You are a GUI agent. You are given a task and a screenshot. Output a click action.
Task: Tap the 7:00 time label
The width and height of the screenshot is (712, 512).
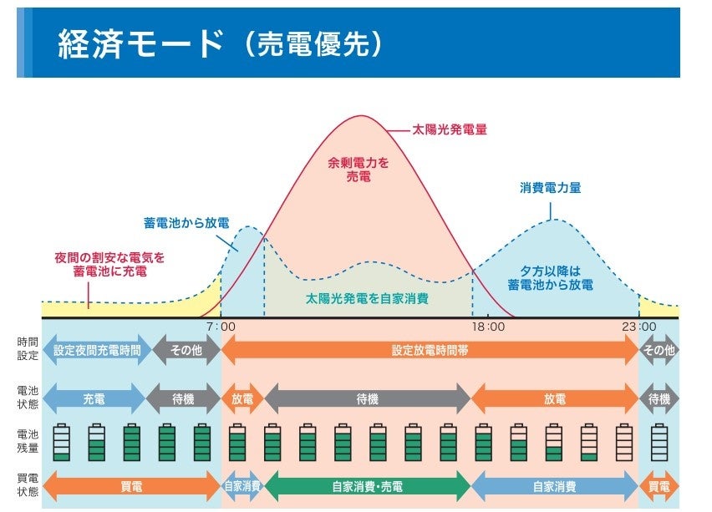221,327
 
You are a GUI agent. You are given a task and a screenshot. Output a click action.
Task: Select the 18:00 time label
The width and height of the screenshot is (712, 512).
488,327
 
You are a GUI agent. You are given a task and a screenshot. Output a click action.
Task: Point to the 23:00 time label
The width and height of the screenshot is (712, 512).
640,327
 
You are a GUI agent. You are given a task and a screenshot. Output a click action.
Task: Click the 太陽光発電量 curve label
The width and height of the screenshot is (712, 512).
450,129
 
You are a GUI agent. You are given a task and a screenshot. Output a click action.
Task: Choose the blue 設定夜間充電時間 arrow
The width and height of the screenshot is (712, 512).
97,351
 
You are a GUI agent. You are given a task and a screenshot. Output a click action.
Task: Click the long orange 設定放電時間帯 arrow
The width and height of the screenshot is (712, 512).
430,351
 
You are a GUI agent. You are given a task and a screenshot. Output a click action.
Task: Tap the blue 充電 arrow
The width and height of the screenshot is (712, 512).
94,399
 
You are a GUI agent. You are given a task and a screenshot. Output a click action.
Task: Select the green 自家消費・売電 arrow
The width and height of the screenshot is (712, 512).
368,486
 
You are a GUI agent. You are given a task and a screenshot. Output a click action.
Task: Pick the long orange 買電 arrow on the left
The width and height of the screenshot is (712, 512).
130,486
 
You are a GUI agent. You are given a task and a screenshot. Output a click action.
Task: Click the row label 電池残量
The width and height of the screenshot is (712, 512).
27,439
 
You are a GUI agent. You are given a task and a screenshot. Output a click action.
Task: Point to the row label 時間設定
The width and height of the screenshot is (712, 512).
27,349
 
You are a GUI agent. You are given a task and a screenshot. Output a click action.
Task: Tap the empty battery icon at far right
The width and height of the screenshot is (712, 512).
660,442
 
